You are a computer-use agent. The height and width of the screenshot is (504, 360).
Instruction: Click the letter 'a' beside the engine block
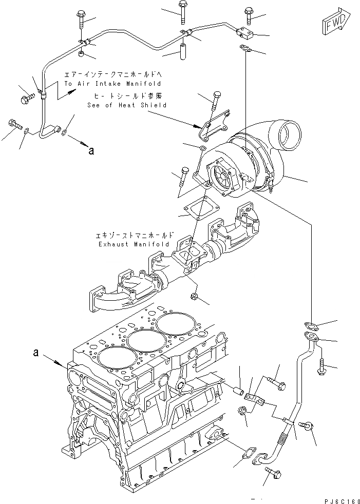pyautogui.click(x=36, y=353)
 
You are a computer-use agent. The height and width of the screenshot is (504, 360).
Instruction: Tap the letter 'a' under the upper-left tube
pyautogui.click(x=91, y=150)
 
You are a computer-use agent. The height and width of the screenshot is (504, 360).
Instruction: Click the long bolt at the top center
pyautogui.click(x=184, y=12)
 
